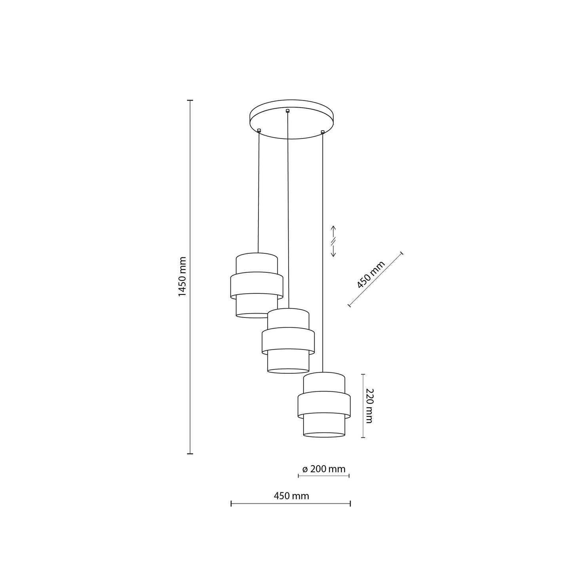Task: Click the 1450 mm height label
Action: coord(182,277)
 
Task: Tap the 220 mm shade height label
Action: coord(369,405)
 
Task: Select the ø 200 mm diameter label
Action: coord(324,469)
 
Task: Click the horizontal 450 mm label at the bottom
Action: coord(291,496)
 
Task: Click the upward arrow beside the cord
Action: coord(333,230)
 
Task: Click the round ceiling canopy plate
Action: coord(291,119)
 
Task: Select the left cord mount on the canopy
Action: coord(259,130)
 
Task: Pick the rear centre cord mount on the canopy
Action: coord(288,110)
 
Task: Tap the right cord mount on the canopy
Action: coord(323,131)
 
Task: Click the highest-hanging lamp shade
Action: coord(257,285)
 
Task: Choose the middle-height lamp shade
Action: coord(288,341)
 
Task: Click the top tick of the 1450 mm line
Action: coord(190,101)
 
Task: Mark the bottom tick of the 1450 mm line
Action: coord(190,454)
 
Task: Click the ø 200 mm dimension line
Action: coord(323,476)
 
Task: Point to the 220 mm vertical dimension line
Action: coord(363,405)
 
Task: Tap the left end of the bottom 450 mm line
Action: coord(231,504)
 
